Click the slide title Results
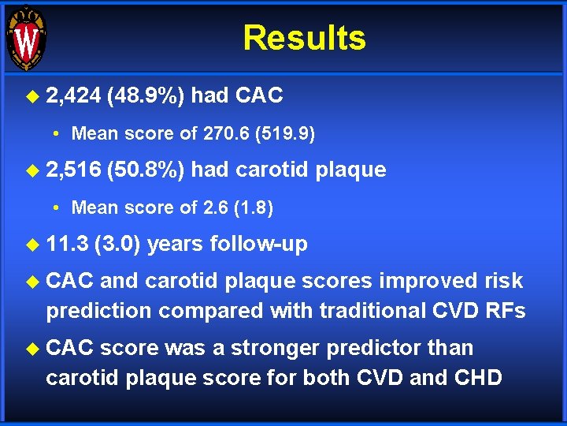click(x=304, y=38)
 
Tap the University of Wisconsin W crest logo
click(x=26, y=39)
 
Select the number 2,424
click(x=73, y=96)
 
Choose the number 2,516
click(x=73, y=170)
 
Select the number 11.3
click(x=66, y=245)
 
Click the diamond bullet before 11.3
click(x=32, y=245)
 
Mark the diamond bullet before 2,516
click(x=32, y=170)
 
